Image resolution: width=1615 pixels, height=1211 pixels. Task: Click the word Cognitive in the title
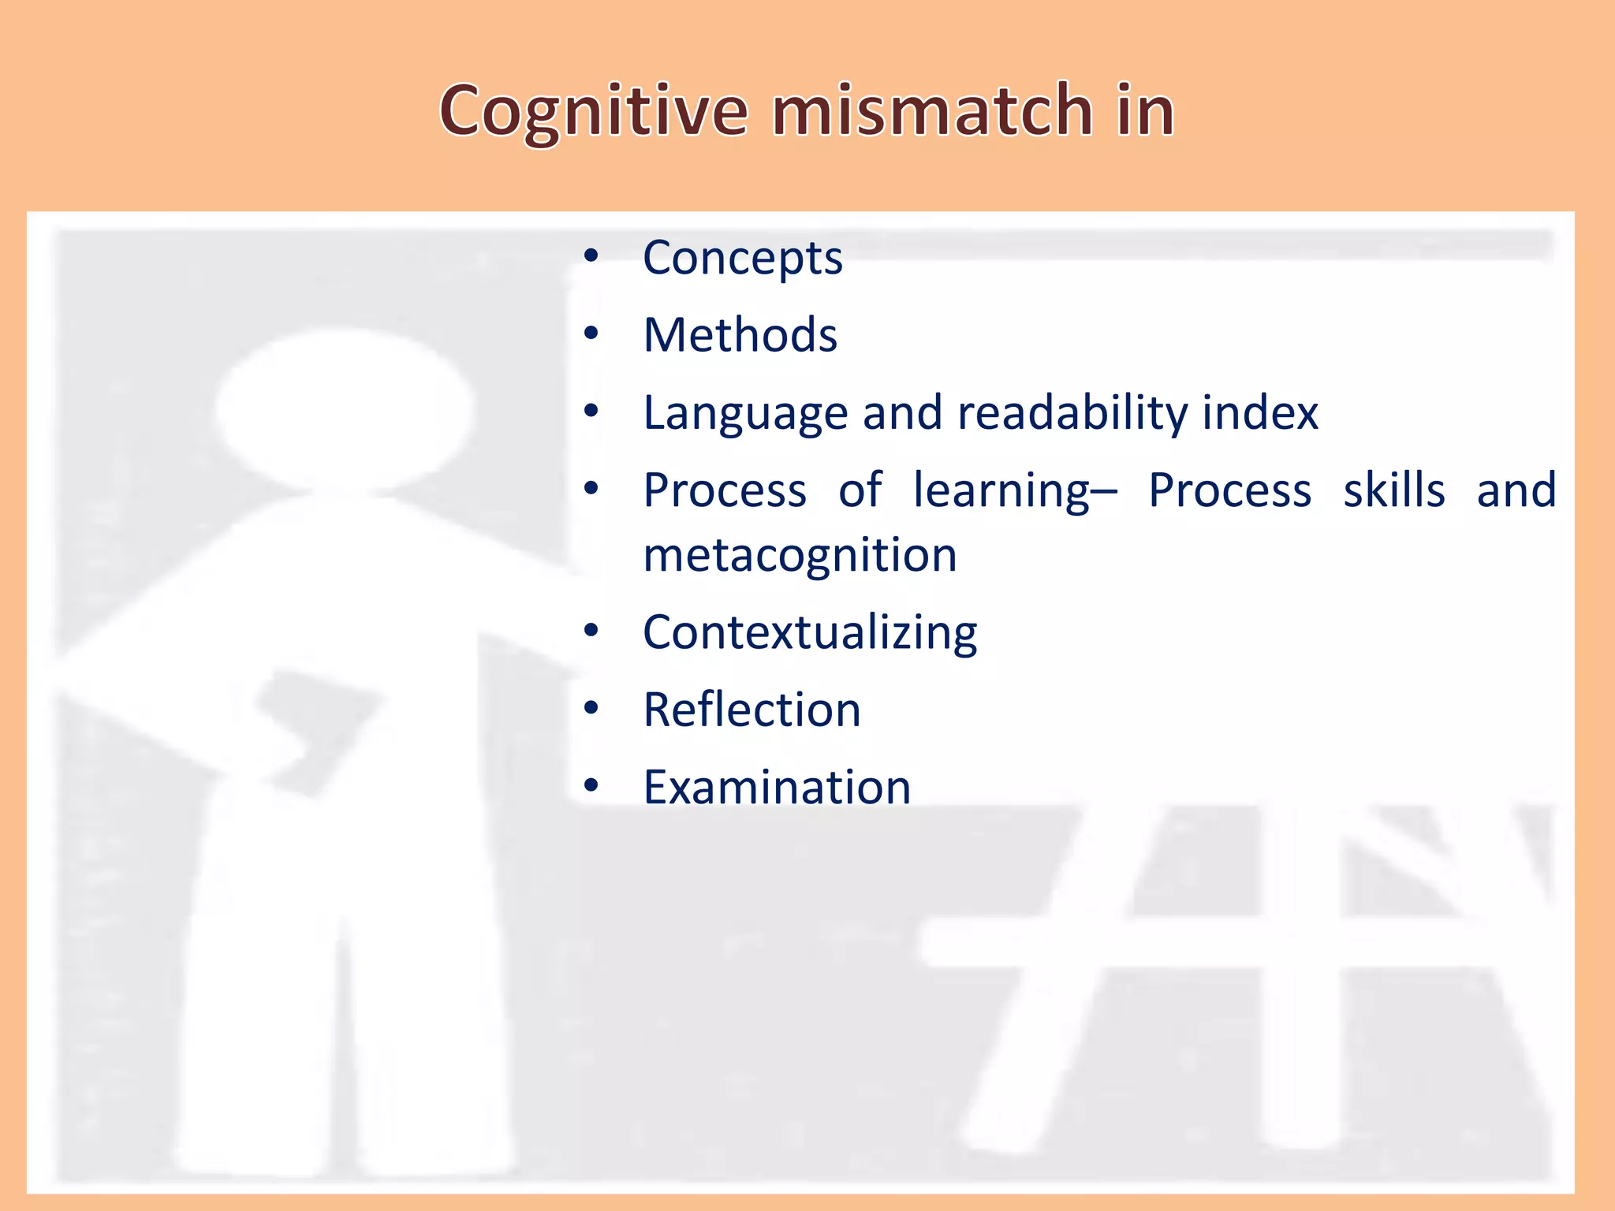(x=593, y=112)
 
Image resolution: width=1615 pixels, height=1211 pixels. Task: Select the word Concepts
(x=742, y=259)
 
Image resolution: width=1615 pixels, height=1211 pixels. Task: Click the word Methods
(x=740, y=335)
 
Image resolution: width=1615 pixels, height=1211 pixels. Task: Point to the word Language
(x=745, y=414)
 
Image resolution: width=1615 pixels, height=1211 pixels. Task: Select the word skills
(x=1394, y=490)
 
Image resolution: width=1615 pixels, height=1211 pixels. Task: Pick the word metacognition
(x=800, y=555)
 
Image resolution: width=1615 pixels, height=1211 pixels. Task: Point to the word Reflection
(x=752, y=710)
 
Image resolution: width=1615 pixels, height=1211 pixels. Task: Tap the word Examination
(x=777, y=787)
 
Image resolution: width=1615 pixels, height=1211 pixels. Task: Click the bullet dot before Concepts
(x=591, y=256)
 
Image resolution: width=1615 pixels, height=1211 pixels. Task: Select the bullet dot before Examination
(x=591, y=785)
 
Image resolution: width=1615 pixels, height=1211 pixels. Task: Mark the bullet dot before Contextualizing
(x=591, y=631)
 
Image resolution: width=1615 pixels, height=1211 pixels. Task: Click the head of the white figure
(x=345, y=408)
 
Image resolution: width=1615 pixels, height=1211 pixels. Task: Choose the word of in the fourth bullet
(x=859, y=490)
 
